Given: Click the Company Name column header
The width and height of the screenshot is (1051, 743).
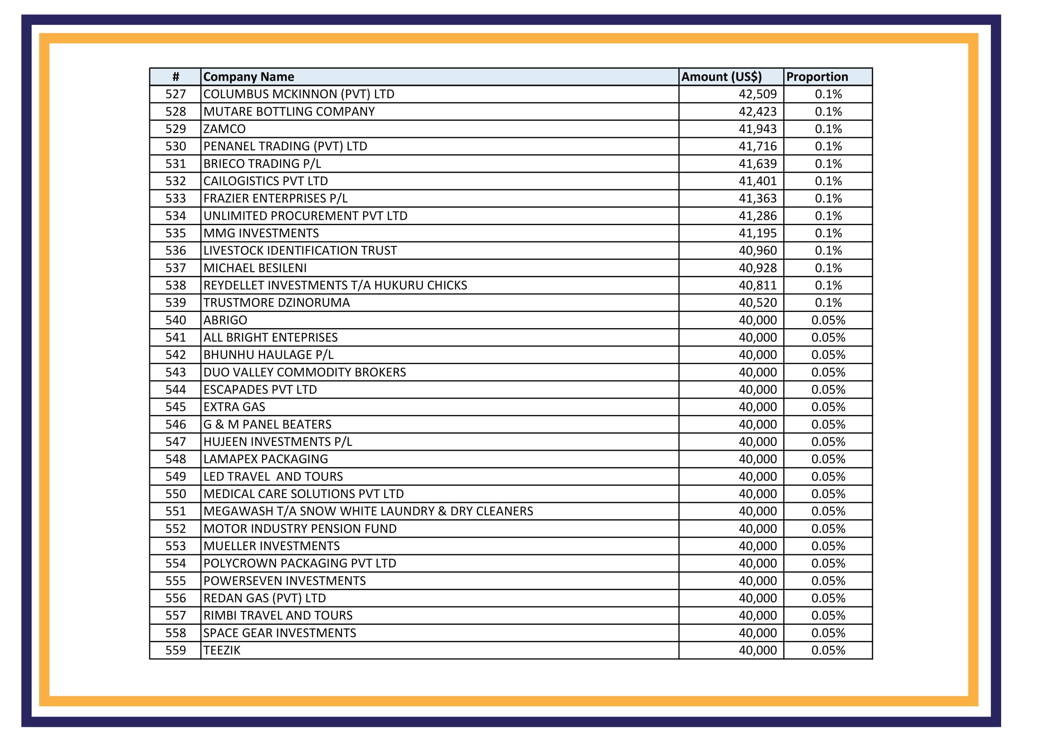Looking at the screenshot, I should (248, 77).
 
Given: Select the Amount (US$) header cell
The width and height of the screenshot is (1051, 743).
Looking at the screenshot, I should (722, 77).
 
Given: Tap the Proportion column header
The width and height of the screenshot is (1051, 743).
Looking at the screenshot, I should (817, 77).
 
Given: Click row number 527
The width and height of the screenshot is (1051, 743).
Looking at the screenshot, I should (176, 94).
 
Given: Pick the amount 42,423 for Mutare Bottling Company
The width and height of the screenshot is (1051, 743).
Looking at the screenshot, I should (758, 112).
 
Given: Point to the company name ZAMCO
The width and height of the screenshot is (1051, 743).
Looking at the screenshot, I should (224, 129).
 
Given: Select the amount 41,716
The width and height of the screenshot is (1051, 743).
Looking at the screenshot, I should (758, 147).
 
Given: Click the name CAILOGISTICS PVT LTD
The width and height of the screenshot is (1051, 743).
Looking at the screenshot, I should (266, 181).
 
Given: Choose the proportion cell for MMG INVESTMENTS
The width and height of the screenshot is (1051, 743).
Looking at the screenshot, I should (828, 233).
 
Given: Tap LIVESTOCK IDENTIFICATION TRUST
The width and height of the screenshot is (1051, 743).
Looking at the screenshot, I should (300, 251).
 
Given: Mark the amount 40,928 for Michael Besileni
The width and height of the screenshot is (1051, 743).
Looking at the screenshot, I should (758, 268).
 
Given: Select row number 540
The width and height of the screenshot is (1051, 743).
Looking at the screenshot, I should (176, 320).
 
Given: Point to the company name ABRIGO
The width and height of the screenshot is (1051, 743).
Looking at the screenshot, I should (225, 320).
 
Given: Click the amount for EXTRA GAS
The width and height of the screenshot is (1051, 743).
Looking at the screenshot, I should (758, 407).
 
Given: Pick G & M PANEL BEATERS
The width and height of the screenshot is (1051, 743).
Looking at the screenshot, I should (267, 424).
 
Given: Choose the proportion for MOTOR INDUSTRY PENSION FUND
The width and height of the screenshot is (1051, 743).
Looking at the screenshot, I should (828, 529).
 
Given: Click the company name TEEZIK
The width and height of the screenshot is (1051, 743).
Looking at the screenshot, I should (222, 650).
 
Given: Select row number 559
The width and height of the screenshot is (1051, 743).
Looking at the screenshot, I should (176, 650).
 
